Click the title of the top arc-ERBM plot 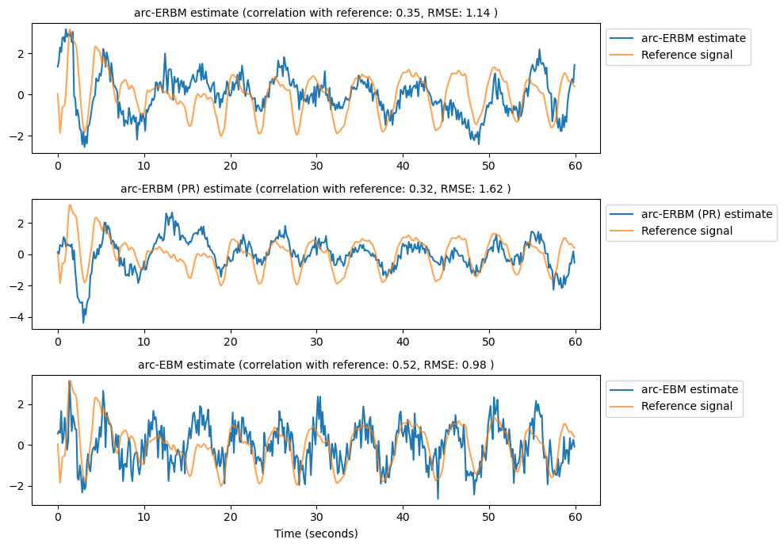pyautogui.click(x=316, y=13)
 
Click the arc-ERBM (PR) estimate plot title pyautogui.click(x=316, y=189)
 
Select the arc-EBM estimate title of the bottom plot pyautogui.click(x=316, y=365)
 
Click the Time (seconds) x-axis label pyautogui.click(x=316, y=534)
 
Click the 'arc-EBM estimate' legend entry pyautogui.click(x=689, y=389)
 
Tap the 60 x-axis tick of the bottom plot pyautogui.click(x=575, y=517)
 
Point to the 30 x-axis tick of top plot pyautogui.click(x=316, y=165)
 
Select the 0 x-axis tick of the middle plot pyautogui.click(x=58, y=341)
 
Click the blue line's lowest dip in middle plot pyautogui.click(x=83, y=322)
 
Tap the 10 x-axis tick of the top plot pyautogui.click(x=143, y=165)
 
